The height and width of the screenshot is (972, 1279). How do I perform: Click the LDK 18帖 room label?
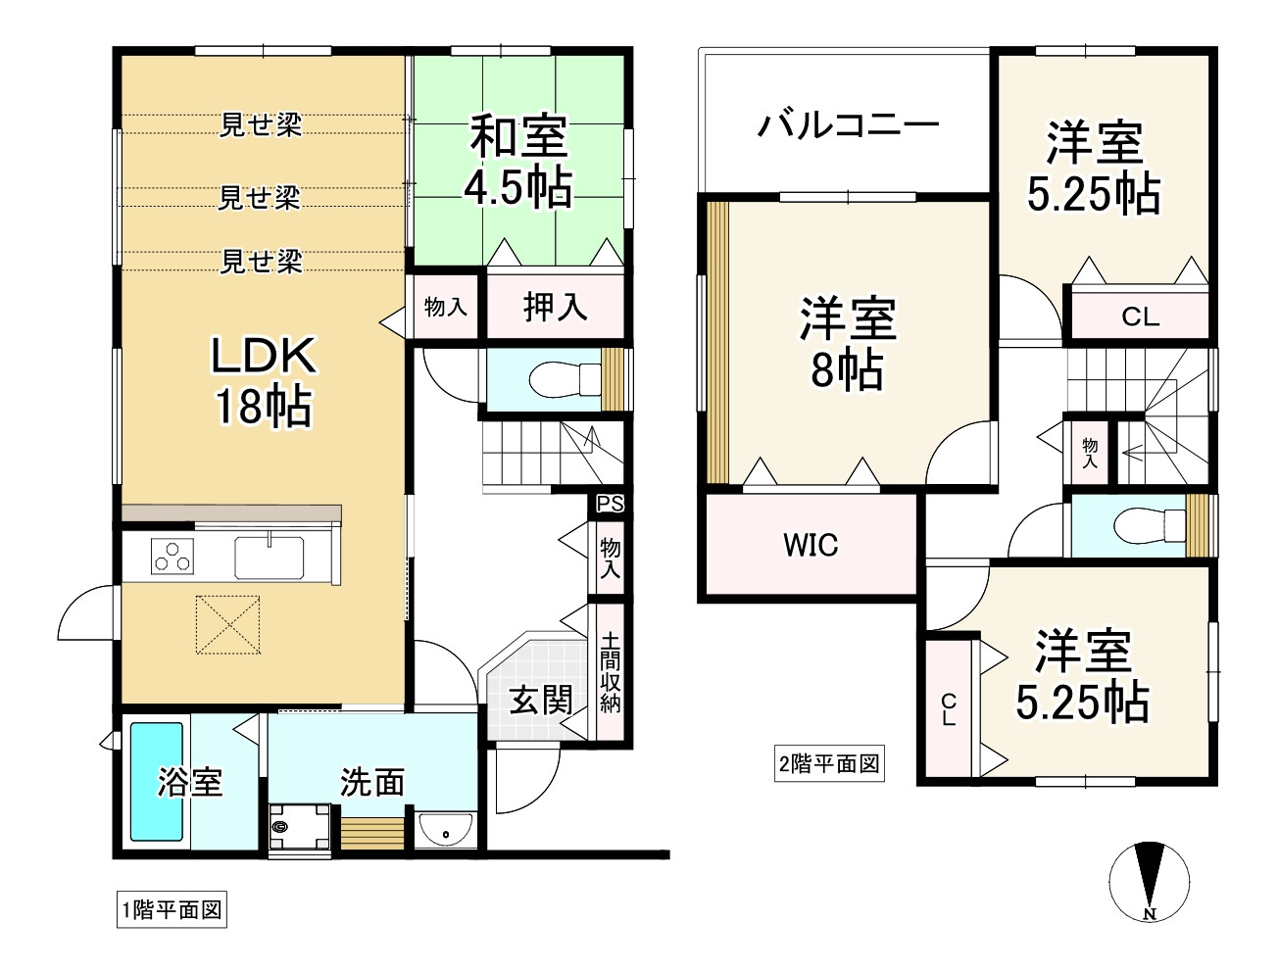click(x=264, y=381)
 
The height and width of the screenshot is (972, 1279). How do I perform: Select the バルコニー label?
click(x=849, y=125)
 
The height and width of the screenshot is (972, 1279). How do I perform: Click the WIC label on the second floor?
click(x=811, y=545)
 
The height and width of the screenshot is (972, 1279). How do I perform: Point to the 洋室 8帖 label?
click(x=848, y=343)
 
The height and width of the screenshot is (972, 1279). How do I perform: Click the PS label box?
click(x=610, y=504)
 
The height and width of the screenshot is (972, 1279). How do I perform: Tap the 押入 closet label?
click(x=555, y=307)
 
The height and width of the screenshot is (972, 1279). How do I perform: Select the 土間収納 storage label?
click(x=610, y=673)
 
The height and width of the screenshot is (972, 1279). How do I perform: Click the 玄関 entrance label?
click(x=541, y=700)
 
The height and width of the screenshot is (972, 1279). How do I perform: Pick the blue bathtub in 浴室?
click(x=157, y=782)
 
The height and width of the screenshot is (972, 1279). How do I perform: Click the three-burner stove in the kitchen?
click(x=172, y=557)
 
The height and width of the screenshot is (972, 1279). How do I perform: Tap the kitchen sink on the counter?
click(x=270, y=557)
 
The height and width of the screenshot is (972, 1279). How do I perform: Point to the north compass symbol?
click(x=1149, y=882)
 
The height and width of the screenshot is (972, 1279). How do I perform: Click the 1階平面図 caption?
click(x=172, y=909)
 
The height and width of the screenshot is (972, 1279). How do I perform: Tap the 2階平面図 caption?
click(x=829, y=763)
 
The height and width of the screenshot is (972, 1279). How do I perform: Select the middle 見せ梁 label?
click(x=259, y=198)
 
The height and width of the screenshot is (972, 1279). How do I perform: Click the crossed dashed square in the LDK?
click(x=227, y=624)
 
